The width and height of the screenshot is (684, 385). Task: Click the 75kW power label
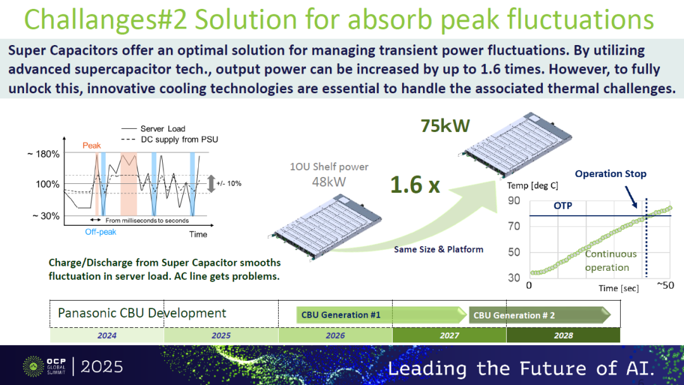(445, 126)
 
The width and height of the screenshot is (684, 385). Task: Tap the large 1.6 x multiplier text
(415, 185)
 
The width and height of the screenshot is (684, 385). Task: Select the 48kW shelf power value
(329, 181)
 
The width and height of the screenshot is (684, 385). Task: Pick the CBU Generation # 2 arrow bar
(540, 315)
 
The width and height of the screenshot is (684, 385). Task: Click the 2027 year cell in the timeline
(449, 335)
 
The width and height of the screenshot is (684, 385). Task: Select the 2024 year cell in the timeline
(107, 335)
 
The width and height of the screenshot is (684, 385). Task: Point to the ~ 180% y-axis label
(43, 154)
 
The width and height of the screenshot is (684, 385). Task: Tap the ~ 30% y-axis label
(46, 216)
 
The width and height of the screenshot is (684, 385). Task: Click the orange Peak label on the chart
(92, 145)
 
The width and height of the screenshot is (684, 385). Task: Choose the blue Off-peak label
(100, 232)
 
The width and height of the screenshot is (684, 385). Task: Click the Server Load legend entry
(153, 129)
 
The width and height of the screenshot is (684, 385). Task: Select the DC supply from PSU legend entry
(169, 140)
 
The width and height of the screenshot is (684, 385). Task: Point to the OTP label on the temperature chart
(563, 206)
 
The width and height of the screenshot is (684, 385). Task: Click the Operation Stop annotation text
(611, 174)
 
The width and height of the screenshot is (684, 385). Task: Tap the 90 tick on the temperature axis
(514, 200)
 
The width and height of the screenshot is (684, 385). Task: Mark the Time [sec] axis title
(619, 289)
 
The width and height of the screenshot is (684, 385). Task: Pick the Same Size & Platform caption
(438, 249)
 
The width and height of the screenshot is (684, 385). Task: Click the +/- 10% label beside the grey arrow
(229, 183)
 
